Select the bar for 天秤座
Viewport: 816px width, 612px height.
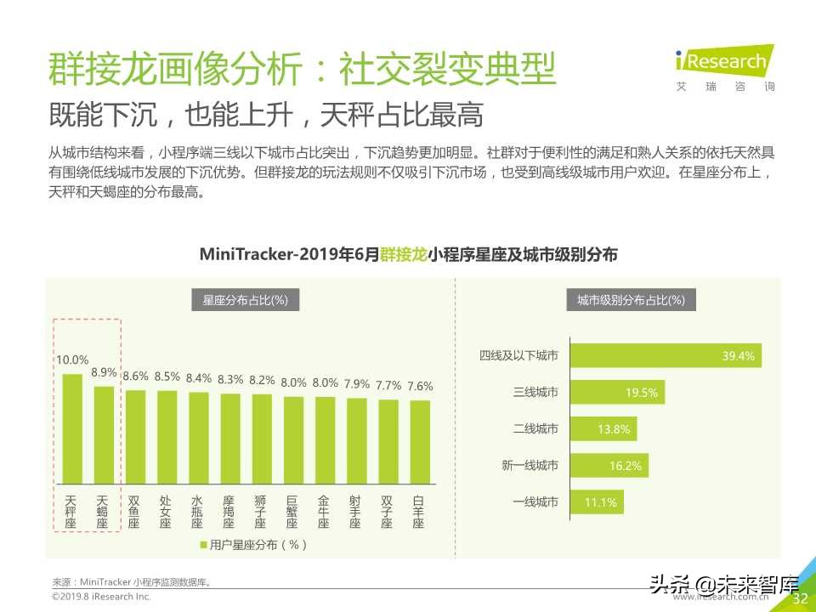coord(72,428)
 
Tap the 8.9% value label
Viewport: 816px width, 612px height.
coord(104,372)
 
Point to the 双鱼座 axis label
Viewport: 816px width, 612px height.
coord(134,513)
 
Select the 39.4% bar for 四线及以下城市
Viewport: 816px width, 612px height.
coord(666,356)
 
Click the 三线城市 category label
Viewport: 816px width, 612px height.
coord(535,393)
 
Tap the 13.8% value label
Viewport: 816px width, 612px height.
coord(614,429)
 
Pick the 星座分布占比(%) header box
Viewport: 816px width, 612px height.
coord(245,300)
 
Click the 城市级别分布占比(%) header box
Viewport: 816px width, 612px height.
coord(631,300)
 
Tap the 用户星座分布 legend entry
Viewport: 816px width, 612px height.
coord(252,545)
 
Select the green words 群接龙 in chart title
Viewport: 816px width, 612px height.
coord(404,254)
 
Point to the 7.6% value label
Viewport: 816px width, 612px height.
coord(419,386)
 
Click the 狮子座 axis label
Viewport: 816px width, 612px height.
coord(261,513)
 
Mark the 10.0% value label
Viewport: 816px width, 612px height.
coord(72,360)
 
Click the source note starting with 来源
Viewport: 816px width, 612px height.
coord(132,582)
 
